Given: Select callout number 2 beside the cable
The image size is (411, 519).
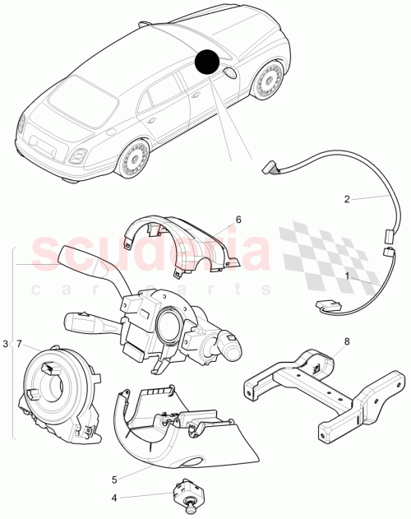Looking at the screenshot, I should (347, 198).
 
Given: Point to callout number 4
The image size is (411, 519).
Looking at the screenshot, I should (113, 497).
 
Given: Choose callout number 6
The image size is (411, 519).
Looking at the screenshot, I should (238, 220).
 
